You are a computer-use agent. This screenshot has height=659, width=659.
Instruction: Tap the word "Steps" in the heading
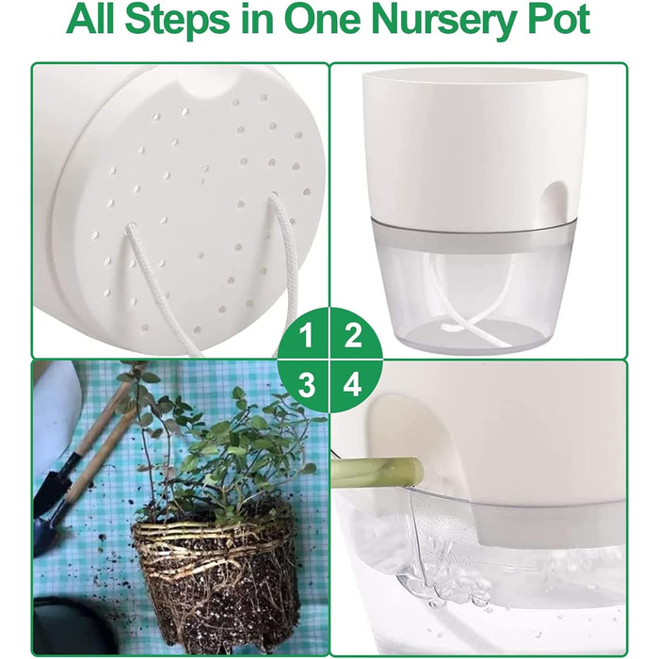[x=178, y=21]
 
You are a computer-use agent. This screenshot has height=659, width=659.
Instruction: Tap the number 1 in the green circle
[x=306, y=335]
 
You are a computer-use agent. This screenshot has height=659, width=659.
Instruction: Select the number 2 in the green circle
[x=353, y=335]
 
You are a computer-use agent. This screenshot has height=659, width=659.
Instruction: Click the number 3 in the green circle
[x=306, y=384]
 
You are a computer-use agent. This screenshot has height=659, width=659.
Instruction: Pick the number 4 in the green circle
[x=352, y=384]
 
